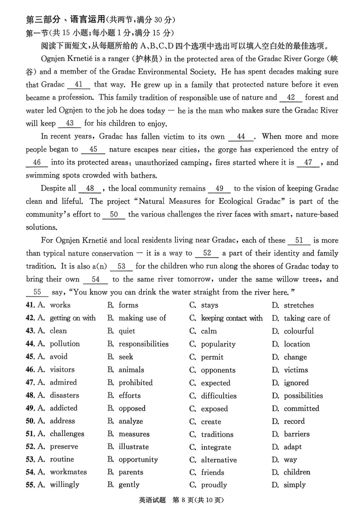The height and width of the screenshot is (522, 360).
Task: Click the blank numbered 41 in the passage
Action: pyautogui.click(x=79, y=85)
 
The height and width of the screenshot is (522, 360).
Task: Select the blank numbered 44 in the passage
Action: pyautogui.click(x=241, y=137)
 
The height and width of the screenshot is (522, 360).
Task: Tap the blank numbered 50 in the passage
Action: pyautogui.click(x=114, y=215)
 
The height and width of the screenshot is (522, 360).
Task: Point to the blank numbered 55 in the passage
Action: pyautogui.click(x=37, y=292)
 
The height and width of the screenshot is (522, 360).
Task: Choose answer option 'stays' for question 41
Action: pyautogui.click(x=209, y=305)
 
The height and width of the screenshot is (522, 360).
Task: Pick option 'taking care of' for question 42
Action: pyautogui.click(x=307, y=318)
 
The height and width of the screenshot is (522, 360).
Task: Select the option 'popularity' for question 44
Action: pyautogui.click(x=218, y=344)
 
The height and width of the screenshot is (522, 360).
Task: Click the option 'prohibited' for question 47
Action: pyautogui.click(x=135, y=383)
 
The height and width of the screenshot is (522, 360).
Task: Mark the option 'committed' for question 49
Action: pyautogui.click(x=301, y=408)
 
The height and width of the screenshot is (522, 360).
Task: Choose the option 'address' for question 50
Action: pyautogui.click(x=62, y=421)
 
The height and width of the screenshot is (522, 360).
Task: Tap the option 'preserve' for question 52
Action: pyautogui.click(x=64, y=447)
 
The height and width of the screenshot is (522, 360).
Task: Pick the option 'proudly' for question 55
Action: pyautogui.click(x=214, y=485)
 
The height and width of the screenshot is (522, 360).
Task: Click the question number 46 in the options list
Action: pyautogui.click(x=30, y=370)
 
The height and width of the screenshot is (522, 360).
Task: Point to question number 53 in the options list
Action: pyautogui.click(x=30, y=460)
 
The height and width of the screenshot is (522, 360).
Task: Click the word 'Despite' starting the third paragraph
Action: pyautogui.click(x=53, y=189)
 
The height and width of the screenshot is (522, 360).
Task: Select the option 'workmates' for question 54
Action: pyautogui.click(x=68, y=472)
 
